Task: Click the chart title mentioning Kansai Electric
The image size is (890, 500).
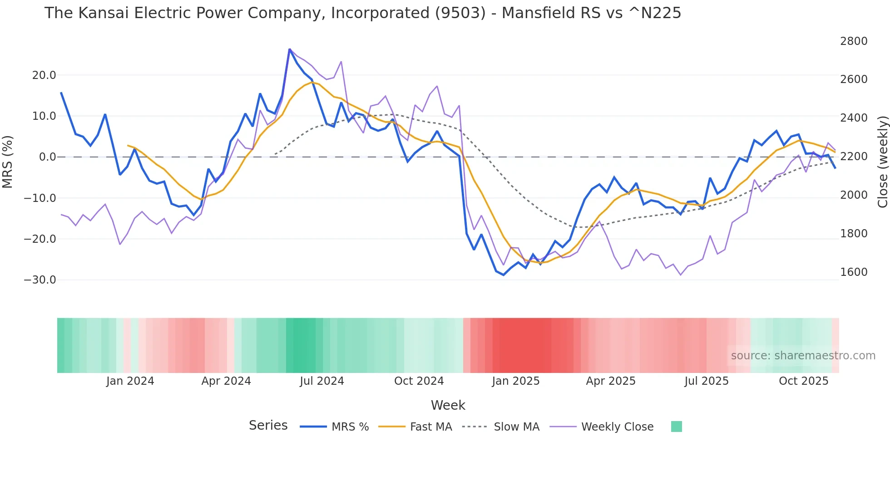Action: coord(362,13)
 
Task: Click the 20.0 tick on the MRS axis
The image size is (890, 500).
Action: coord(44,75)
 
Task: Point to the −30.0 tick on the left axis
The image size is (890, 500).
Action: coord(40,280)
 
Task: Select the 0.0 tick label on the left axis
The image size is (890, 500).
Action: coord(47,157)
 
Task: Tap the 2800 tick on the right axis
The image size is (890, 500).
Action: coord(854,41)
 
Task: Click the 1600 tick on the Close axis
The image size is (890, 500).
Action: coord(854,272)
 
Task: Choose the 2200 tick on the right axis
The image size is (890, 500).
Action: coord(854,157)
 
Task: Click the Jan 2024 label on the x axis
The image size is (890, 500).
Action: coord(130,381)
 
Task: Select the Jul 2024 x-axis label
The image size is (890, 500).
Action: coord(322,381)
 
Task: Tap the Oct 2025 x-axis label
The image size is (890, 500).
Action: coord(804,381)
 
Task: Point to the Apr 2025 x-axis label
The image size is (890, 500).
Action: coord(611,381)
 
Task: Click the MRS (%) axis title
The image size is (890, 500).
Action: coord(8,162)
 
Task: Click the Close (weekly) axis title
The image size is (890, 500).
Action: coord(882,162)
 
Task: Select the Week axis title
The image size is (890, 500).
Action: coord(448,405)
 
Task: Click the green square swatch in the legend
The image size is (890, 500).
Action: coord(676,426)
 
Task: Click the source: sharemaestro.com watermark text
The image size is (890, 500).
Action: coord(803,356)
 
